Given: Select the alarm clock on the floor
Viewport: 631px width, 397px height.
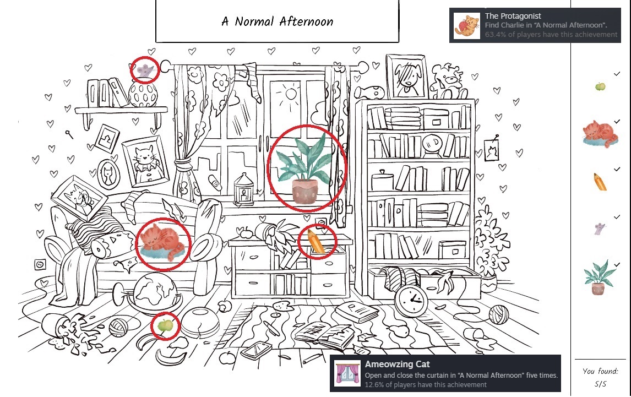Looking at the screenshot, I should (x=411, y=301).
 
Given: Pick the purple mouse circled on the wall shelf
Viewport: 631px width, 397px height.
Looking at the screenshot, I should (x=145, y=69).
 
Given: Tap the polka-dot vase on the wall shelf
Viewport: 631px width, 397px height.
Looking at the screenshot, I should (x=143, y=94).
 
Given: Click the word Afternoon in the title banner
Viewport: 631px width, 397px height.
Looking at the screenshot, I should (x=306, y=21).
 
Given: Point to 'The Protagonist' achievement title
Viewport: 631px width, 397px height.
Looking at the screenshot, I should (x=513, y=16).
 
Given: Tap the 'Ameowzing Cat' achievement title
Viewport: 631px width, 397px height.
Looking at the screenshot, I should (x=398, y=364).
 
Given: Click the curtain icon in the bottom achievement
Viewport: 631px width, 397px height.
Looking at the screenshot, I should (x=347, y=373).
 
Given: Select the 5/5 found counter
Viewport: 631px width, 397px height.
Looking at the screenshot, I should (x=600, y=383).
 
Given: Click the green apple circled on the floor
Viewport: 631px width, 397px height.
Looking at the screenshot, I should (x=165, y=326).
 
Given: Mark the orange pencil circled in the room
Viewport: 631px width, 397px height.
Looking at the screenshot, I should (x=316, y=242).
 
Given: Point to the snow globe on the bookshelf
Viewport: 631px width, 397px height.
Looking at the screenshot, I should (x=433, y=145).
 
